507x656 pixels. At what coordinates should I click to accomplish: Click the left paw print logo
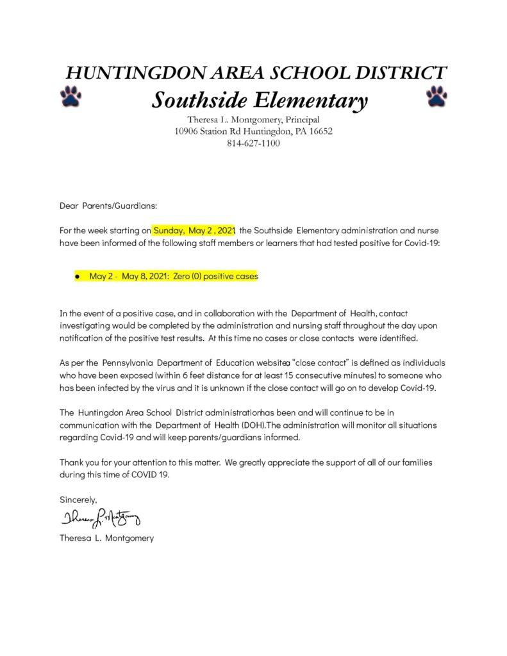pyautogui.click(x=71, y=96)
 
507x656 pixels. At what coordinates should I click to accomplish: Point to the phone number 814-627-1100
pyautogui.click(x=253, y=143)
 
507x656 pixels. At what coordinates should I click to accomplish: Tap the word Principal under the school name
pyautogui.click(x=297, y=120)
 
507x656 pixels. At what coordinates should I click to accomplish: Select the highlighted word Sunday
pyautogui.click(x=169, y=230)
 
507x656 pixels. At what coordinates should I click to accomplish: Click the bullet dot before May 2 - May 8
pyautogui.click(x=76, y=276)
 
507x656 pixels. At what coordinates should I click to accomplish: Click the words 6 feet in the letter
pyautogui.click(x=200, y=375)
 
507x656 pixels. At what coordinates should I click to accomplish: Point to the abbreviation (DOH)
pyautogui.click(x=249, y=425)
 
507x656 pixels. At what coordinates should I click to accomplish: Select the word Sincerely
pyautogui.click(x=78, y=498)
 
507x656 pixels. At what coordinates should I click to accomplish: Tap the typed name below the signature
pyautogui.click(x=106, y=538)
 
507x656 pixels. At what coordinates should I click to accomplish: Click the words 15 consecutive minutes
pyautogui.click(x=319, y=375)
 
